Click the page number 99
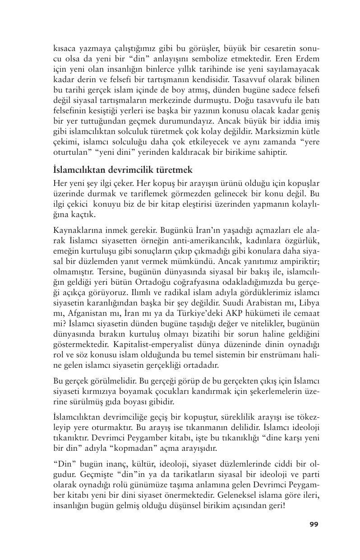point(314,524)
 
